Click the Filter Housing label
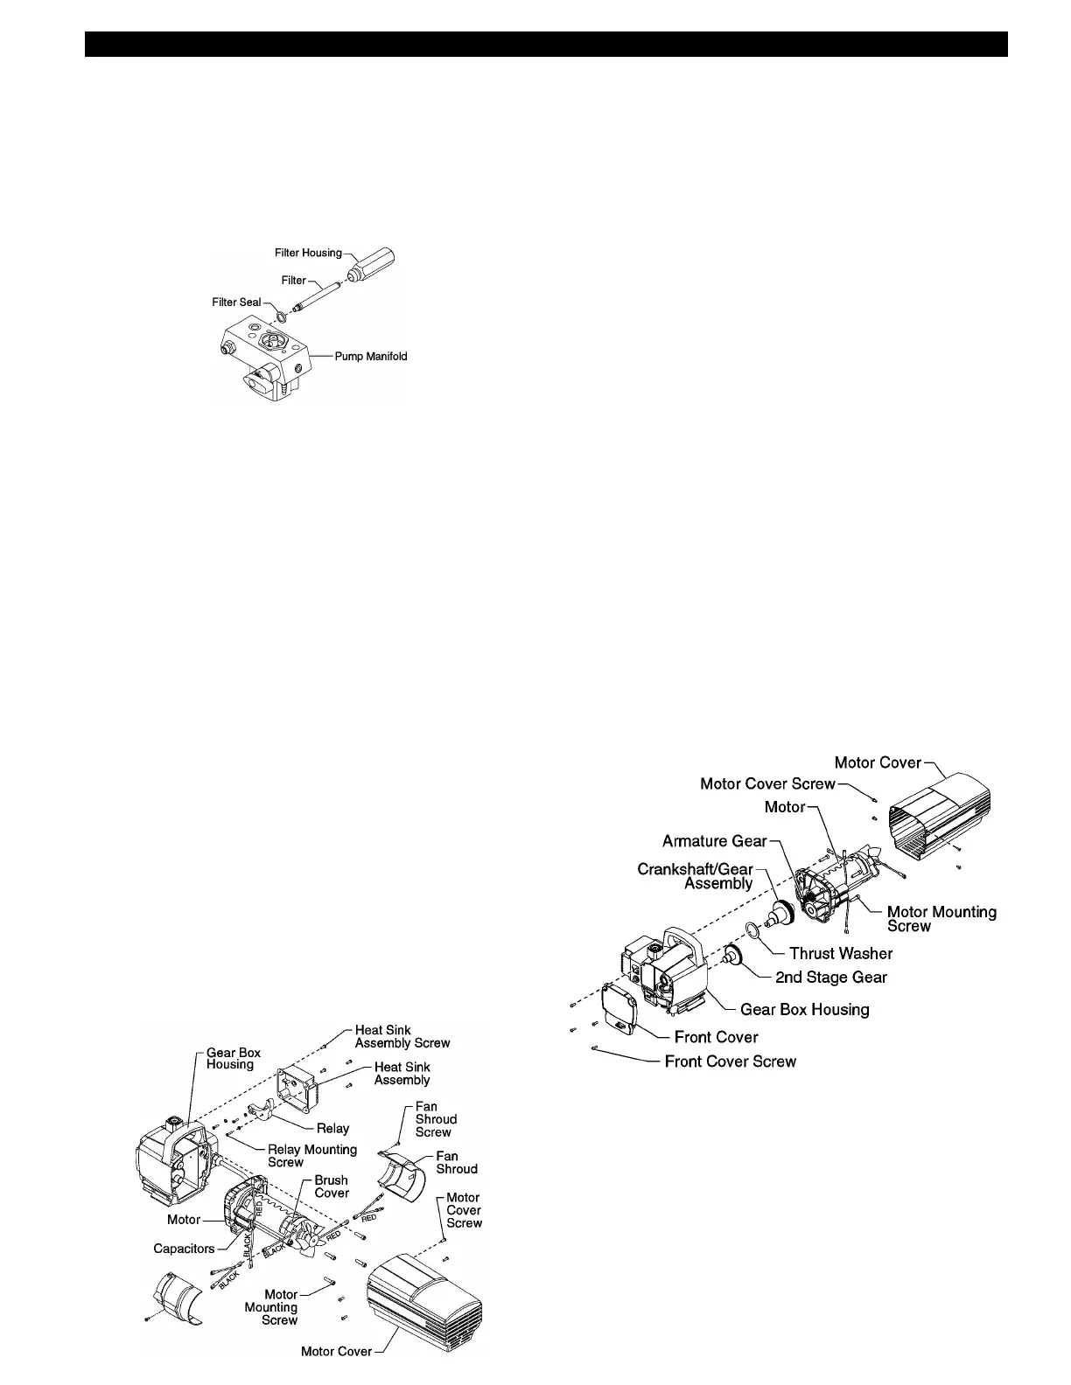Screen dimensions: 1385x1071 tap(308, 253)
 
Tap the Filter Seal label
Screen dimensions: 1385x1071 tap(236, 303)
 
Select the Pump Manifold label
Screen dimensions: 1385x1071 tap(371, 357)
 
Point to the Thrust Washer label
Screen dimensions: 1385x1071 tap(841, 953)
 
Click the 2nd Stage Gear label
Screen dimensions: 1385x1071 tap(831, 978)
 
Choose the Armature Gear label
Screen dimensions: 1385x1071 tap(714, 841)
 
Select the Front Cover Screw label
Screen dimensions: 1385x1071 tap(731, 1061)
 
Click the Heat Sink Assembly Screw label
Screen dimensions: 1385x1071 tap(402, 1036)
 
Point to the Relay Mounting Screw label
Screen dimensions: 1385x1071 tap(311, 1156)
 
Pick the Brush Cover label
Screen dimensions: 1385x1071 tap(332, 1187)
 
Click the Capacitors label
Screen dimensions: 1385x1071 tap(184, 1249)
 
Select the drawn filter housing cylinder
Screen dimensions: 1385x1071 tap(373, 263)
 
